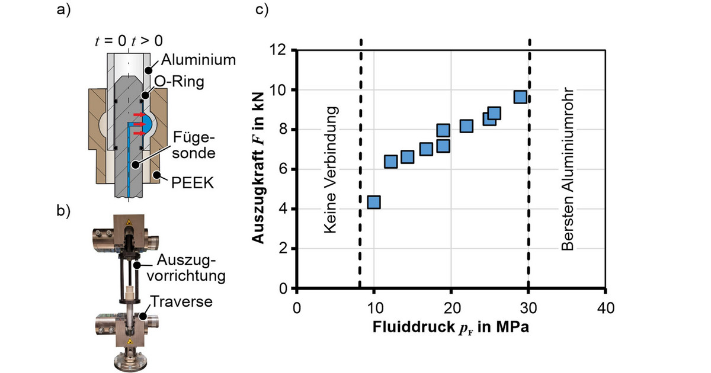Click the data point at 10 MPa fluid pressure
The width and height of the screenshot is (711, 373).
(374, 202)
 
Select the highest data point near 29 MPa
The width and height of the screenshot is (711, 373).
(520, 97)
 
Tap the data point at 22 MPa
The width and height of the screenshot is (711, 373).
(466, 126)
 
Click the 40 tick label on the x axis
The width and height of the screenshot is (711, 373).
(606, 308)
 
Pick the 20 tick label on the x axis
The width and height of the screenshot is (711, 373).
(452, 308)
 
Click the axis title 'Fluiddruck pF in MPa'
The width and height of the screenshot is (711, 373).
(451, 327)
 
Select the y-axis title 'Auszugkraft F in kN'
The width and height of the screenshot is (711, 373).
(258, 168)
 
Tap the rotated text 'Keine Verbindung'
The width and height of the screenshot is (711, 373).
(331, 170)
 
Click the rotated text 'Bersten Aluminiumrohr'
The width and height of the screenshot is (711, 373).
(567, 169)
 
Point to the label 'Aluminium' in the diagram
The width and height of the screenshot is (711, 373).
(198, 60)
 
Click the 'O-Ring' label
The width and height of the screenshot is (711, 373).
(179, 82)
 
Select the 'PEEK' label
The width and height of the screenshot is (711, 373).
(193, 183)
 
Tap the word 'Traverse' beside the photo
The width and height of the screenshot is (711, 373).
(181, 301)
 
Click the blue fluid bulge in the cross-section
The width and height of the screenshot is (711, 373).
(148, 124)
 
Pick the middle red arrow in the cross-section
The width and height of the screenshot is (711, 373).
(139, 124)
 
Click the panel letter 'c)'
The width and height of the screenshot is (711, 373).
(262, 9)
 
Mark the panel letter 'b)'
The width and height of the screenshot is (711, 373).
(63, 211)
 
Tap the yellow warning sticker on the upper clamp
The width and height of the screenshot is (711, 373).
(129, 221)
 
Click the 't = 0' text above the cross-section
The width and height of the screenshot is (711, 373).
(110, 41)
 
